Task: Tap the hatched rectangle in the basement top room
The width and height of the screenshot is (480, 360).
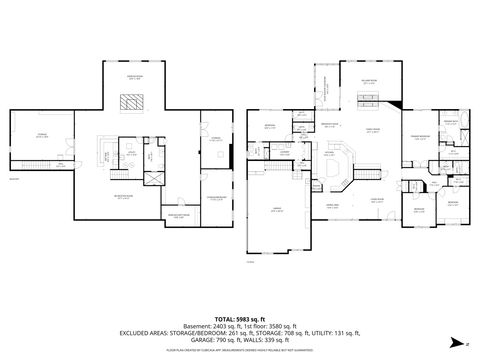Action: (x=131, y=100)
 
